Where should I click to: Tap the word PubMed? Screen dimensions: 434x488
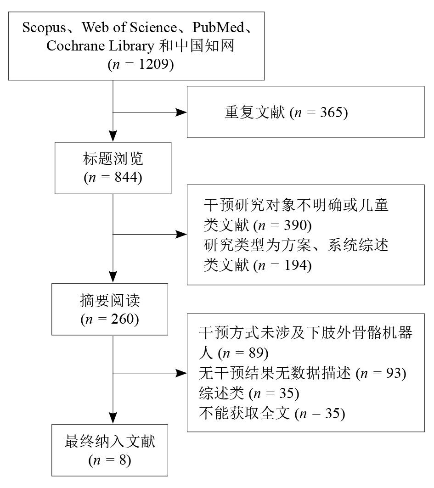(218, 28)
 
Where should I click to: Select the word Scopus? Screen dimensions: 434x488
(44, 28)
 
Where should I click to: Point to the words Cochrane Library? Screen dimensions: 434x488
(100, 46)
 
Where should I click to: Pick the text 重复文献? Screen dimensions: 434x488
(255, 112)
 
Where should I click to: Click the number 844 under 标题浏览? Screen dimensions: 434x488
(126, 177)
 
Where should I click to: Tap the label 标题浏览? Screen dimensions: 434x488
(113, 159)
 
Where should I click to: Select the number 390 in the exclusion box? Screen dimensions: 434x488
(295, 225)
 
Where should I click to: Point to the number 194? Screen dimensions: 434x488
(295, 265)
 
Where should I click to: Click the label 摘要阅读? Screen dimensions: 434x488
(110, 300)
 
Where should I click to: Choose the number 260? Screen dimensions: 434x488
(123, 319)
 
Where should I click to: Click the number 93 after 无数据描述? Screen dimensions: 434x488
(394, 373)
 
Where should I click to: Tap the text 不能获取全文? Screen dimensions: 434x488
(244, 413)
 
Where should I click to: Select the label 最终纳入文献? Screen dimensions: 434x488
(110, 441)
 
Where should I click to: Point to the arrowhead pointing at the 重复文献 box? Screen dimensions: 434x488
(181, 112)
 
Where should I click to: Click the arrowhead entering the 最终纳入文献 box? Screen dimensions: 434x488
(113, 418)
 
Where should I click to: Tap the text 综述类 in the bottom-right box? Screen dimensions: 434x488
(221, 393)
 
